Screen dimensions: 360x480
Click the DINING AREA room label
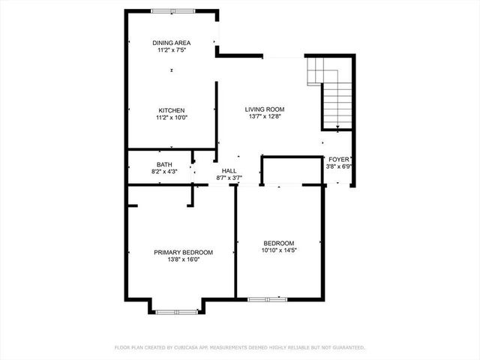[171, 43]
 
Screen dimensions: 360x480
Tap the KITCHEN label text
[171, 110]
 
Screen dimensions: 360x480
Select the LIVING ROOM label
[265, 109]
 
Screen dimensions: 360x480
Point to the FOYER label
[338, 159]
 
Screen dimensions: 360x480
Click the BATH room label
[164, 165]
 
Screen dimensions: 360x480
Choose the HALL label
[229, 171]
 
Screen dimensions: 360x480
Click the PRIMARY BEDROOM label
[183, 253]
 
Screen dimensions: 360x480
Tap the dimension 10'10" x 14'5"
[277, 250]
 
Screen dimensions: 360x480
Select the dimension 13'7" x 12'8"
[265, 117]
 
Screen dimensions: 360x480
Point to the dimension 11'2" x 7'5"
[171, 50]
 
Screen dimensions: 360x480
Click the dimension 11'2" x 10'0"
[171, 118]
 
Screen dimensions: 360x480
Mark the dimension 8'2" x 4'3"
[164, 172]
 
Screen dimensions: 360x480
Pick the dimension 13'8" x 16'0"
[183, 260]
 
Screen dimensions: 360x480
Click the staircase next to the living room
[330, 94]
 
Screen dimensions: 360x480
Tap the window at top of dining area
[172, 11]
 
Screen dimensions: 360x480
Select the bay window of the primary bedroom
[173, 310]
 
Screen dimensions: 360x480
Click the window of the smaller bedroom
[268, 299]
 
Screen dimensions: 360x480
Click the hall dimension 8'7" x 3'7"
[229, 178]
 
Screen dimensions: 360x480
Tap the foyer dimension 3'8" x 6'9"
[338, 166]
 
